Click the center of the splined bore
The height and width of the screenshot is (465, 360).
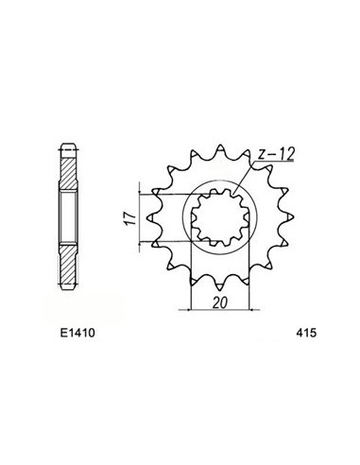click(x=219, y=219)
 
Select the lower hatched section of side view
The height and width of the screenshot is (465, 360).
click(x=69, y=260)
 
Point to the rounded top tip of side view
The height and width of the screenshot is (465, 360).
click(x=69, y=146)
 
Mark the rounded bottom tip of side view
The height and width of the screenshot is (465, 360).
click(x=69, y=290)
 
